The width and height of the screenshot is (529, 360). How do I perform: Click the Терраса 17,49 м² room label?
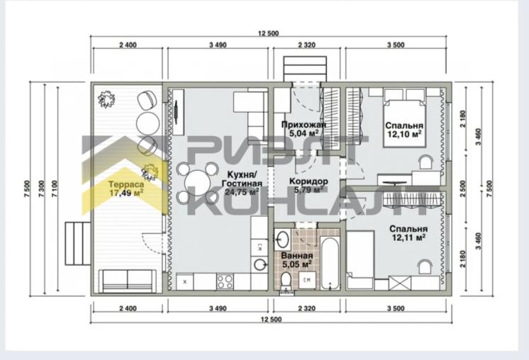tap(126, 189)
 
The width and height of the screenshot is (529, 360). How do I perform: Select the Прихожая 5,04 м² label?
tap(304, 129)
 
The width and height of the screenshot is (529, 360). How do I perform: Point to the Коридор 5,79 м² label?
tap(308, 186)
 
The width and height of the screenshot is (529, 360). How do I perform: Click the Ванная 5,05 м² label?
tap(297, 260)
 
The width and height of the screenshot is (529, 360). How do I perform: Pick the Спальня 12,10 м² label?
tap(404, 130)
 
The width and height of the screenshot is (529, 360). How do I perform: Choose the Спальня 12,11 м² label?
tap(408, 233)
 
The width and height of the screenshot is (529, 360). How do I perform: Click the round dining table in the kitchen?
tap(198, 183)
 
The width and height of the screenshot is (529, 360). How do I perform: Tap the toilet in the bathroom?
tap(286, 281)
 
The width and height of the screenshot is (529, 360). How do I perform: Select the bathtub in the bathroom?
tap(329, 263)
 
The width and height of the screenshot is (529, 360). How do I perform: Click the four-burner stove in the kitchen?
tap(225, 282)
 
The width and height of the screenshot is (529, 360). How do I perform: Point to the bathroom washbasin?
tap(282, 239)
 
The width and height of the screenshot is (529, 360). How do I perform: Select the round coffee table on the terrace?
tap(147, 123)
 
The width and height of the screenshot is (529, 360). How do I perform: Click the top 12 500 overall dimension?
tap(269, 33)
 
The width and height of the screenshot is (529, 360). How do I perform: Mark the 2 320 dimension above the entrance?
tap(307, 45)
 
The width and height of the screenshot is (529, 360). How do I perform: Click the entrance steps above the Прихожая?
tap(305, 69)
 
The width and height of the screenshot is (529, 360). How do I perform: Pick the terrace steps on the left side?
tap(77, 244)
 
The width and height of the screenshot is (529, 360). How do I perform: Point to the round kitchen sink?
tap(260, 264)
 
